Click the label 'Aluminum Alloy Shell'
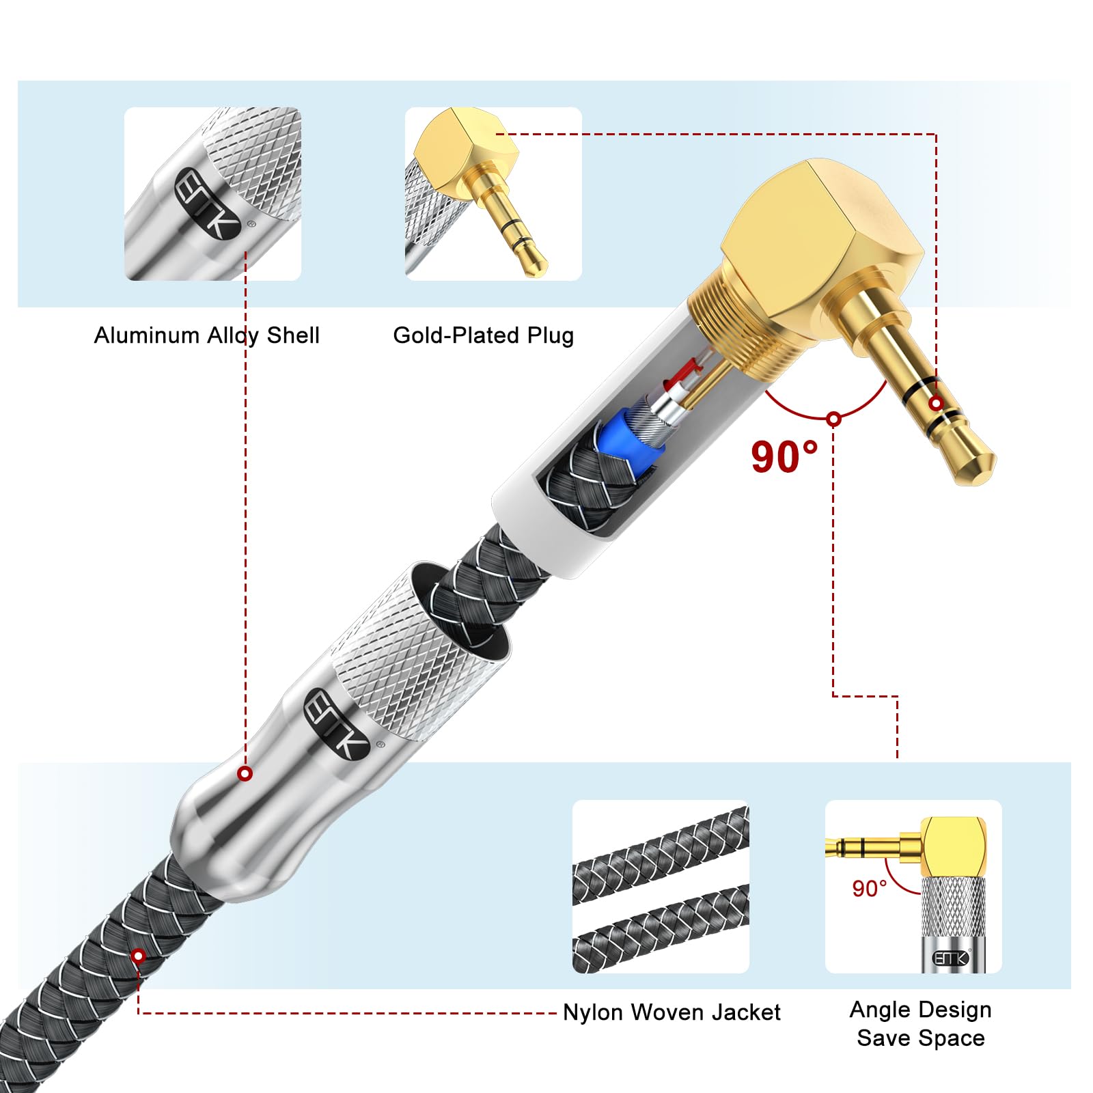pyautogui.click(x=206, y=335)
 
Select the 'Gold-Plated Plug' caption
pyautogui.click(x=483, y=335)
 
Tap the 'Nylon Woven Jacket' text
pyautogui.click(x=672, y=1012)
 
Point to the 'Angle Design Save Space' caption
pyautogui.click(x=921, y=1023)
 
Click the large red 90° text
pyautogui.click(x=784, y=456)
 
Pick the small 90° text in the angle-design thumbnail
pyautogui.click(x=869, y=888)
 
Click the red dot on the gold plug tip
pyautogui.click(x=936, y=404)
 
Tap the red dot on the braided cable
pyautogui.click(x=139, y=956)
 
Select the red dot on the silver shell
pyautogui.click(x=245, y=774)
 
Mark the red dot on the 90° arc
pyautogui.click(x=833, y=419)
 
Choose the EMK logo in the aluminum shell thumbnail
pyautogui.click(x=208, y=204)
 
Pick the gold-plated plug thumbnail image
pyautogui.click(x=493, y=193)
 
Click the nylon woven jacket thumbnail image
pyautogui.click(x=661, y=887)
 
